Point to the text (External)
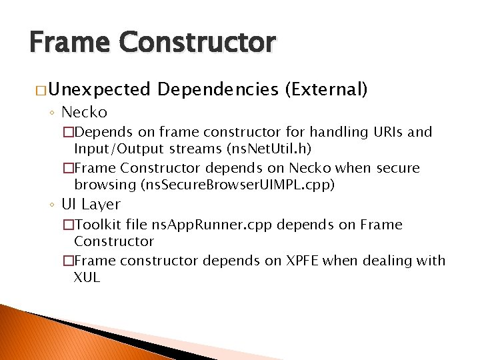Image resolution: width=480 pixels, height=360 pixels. tap(326, 89)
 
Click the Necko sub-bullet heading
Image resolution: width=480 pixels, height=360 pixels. tap(84, 112)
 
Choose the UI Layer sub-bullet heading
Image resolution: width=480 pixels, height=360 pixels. tap(91, 205)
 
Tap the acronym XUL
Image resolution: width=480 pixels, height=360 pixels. tap(87, 277)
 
